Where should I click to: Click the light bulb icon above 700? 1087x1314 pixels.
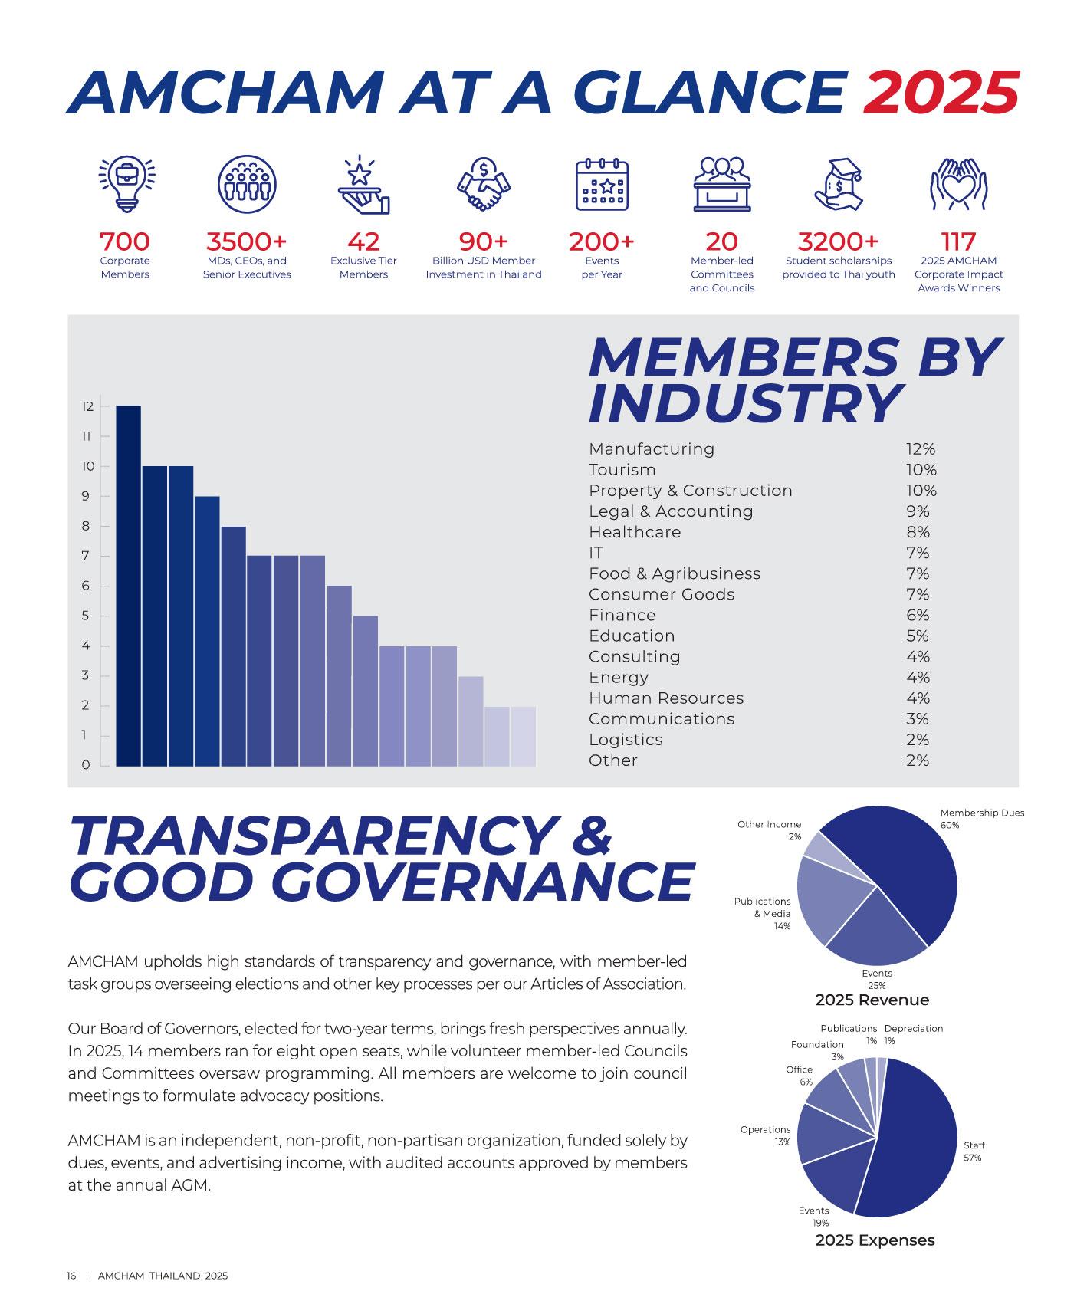(125, 183)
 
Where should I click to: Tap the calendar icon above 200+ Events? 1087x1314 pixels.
(602, 183)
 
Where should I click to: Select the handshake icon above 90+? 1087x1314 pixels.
(483, 183)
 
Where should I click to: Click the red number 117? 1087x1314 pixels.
(958, 241)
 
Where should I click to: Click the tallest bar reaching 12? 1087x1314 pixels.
(129, 586)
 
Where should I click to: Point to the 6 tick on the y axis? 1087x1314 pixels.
(86, 586)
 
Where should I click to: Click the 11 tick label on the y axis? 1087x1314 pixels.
(86, 436)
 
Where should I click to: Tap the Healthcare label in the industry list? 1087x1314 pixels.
(635, 532)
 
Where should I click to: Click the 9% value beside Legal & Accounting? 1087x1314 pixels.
(918, 511)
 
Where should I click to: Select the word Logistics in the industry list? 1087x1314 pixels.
(626, 740)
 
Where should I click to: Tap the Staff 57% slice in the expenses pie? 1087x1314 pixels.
(912, 1135)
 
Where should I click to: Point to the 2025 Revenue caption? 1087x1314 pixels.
(872, 1000)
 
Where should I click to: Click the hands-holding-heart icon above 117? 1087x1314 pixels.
(958, 183)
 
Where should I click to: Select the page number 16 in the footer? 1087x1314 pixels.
(71, 1276)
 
